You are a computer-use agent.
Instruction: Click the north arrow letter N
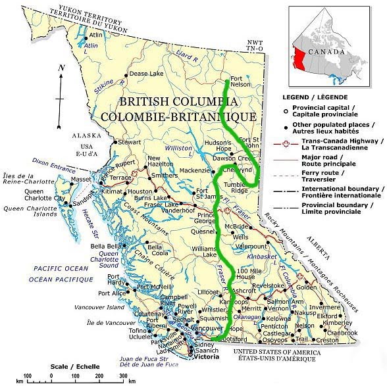61,68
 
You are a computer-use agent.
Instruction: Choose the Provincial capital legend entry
329,112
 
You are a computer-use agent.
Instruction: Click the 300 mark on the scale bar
123,375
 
